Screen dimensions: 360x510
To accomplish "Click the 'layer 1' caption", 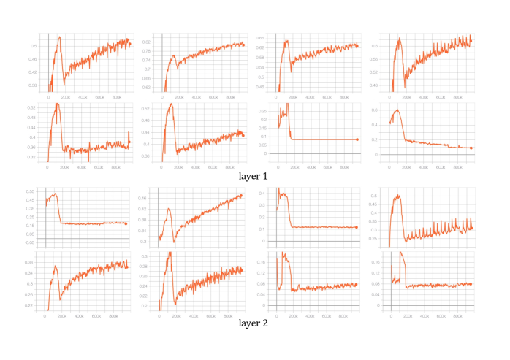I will pyautogui.click(x=254, y=176).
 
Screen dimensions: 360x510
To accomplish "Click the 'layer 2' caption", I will pyautogui.click(x=254, y=323).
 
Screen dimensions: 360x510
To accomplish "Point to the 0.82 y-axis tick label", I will pyautogui.click(x=146, y=42).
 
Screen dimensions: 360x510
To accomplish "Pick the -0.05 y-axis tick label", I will pyautogui.click(x=30, y=242).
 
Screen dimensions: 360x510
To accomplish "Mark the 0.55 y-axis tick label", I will pyautogui.click(x=30, y=191).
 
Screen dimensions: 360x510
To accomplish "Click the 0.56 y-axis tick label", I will pyautogui.click(x=373, y=59).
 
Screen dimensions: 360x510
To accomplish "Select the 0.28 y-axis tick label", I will pyautogui.click(x=144, y=267).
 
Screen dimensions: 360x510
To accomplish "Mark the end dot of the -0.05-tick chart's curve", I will pyautogui.click(x=126, y=223).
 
